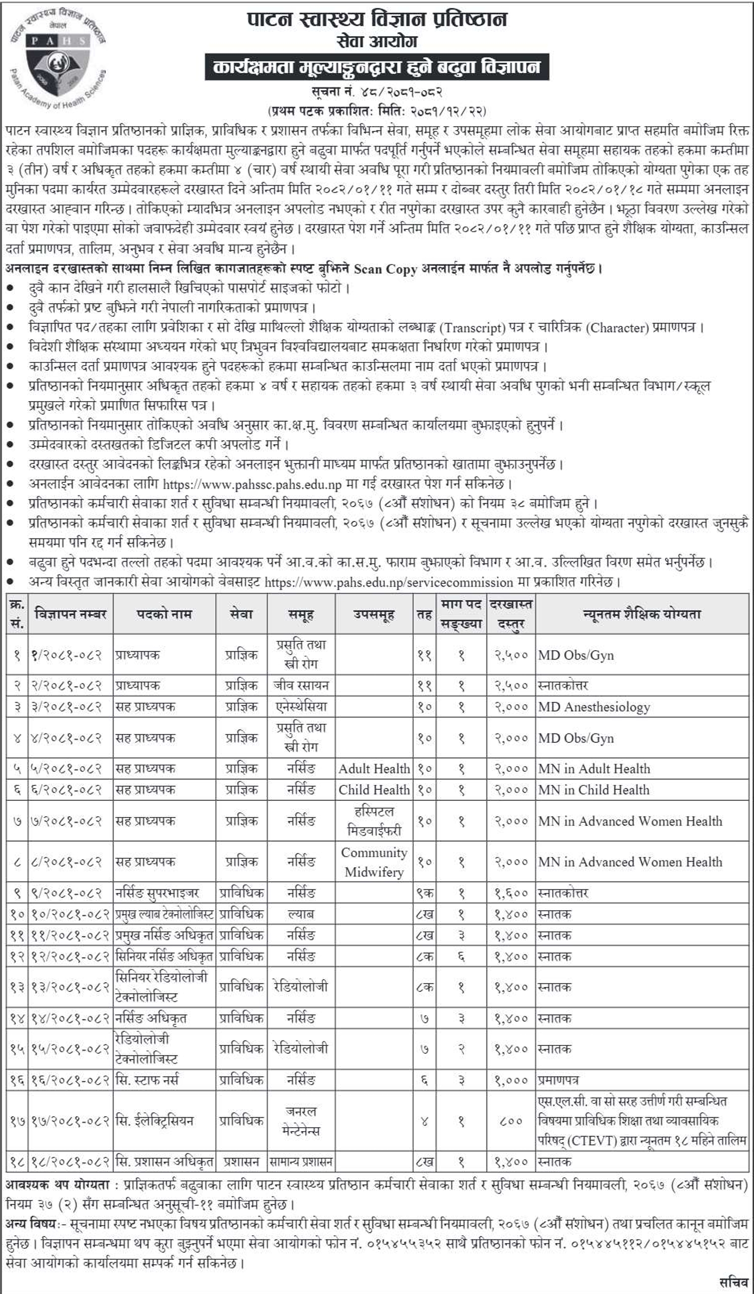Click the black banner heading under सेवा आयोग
point(377,67)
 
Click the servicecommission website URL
point(389,582)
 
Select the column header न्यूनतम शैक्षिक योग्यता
point(642,614)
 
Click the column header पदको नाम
point(164,614)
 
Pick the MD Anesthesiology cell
point(594,707)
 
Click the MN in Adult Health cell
point(594,769)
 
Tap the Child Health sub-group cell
point(374,790)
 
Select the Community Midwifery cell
point(374,862)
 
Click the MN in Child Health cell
point(594,790)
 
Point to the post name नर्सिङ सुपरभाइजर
point(157,893)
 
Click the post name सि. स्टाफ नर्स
point(148,1080)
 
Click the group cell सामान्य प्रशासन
point(301,1161)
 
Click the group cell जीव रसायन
point(301,685)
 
